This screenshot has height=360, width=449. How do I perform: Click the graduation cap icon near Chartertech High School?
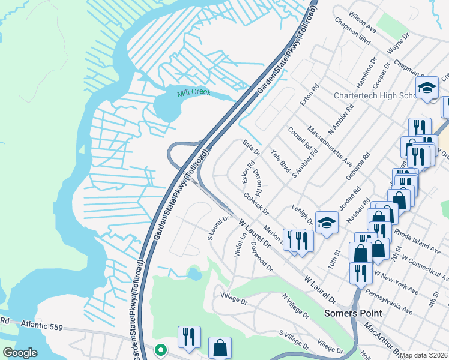[x=427, y=88]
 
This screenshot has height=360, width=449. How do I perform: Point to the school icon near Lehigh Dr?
[x=326, y=223]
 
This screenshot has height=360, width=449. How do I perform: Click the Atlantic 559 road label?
[x=41, y=325]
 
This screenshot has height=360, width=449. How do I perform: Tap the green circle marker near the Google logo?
[x=160, y=349]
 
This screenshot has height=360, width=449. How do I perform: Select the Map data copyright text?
[x=424, y=355]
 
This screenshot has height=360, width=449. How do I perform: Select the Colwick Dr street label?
[x=256, y=203]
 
